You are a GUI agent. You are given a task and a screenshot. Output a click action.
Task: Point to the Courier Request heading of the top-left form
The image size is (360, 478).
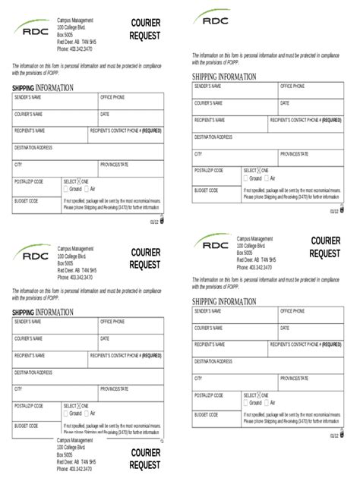pos(145,30)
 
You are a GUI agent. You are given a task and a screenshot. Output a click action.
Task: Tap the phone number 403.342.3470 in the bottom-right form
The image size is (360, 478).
pos(254,267)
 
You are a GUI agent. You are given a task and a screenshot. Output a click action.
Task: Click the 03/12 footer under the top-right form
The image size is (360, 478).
pos(334,211)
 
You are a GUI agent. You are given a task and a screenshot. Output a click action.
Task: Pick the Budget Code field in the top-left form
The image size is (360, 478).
pos(36,205)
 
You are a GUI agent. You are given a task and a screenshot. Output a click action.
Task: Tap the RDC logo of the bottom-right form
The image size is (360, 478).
pos(214,244)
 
